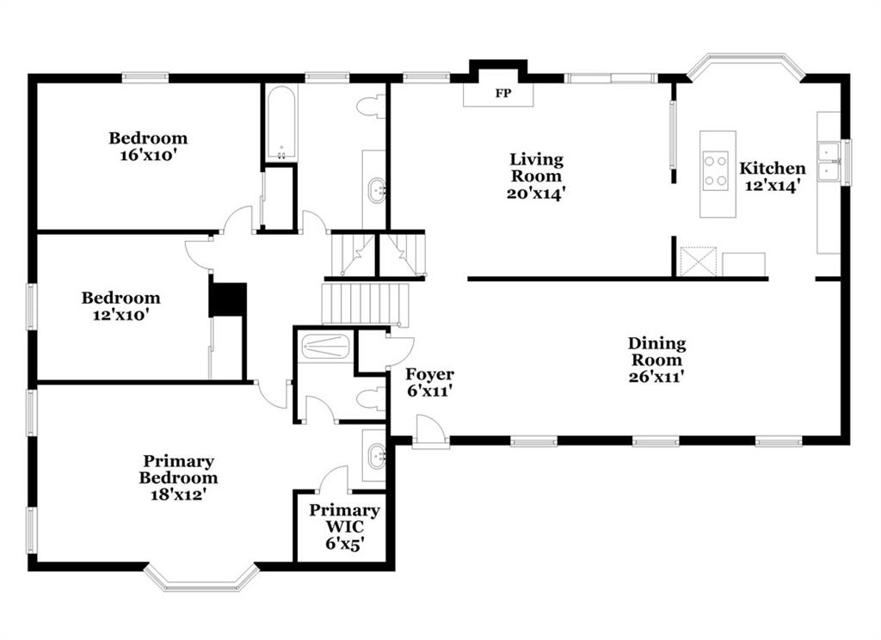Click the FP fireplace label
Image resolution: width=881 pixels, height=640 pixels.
pyautogui.click(x=502, y=93)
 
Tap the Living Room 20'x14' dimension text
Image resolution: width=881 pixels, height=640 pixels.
pyautogui.click(x=535, y=194)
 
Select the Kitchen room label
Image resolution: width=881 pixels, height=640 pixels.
pyautogui.click(x=772, y=168)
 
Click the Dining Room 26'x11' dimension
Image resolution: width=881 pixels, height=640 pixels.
pyautogui.click(x=656, y=377)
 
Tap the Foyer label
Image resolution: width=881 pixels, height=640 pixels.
pyautogui.click(x=430, y=374)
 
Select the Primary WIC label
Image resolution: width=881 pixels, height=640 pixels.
pyautogui.click(x=344, y=519)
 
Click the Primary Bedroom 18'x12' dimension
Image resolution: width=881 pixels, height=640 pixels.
pyautogui.click(x=178, y=495)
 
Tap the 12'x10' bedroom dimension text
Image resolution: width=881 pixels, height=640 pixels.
pyautogui.click(x=120, y=315)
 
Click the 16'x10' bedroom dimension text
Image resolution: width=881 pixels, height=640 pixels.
pyautogui.click(x=148, y=156)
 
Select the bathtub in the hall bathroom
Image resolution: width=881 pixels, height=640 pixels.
pyautogui.click(x=280, y=123)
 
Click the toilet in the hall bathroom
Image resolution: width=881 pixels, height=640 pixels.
pyautogui.click(x=372, y=108)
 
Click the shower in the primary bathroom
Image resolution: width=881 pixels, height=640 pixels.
pyautogui.click(x=325, y=346)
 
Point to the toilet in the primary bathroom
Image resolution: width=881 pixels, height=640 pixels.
pyautogui.click(x=372, y=399)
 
